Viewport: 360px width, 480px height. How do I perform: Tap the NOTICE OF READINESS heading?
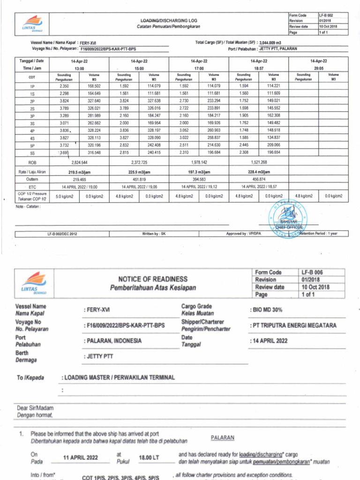coord(152,279)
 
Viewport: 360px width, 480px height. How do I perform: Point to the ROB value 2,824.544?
coord(79,162)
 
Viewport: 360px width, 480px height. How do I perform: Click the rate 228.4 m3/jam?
coord(259,172)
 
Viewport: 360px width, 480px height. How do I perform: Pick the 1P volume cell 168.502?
coord(94,86)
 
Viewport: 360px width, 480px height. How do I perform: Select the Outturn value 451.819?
coord(139,179)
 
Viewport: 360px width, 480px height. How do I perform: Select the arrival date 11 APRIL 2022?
coord(81,457)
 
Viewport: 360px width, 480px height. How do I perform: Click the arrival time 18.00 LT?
coord(150,457)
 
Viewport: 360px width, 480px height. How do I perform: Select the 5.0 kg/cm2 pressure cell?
coord(64,196)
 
